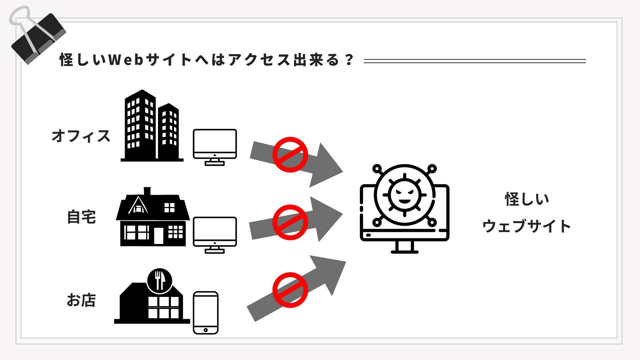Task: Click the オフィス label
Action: point(81,136)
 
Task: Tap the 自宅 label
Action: point(82,217)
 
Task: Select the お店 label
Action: point(81,300)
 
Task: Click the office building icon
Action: point(152,127)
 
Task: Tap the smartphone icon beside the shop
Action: point(206,313)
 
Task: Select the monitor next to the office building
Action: point(215,147)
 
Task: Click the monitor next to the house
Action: point(215,234)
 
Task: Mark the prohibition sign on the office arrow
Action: point(290,155)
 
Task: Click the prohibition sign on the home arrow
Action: point(290,222)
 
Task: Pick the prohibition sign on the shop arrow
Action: point(290,290)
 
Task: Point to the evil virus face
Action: point(404,195)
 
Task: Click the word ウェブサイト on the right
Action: point(526,226)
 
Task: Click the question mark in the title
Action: point(349,60)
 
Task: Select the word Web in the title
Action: point(126,60)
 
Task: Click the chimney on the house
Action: point(147,191)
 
